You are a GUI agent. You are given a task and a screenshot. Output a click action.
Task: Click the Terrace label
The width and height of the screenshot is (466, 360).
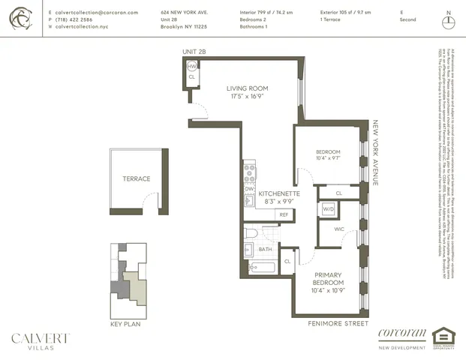pos(137,179)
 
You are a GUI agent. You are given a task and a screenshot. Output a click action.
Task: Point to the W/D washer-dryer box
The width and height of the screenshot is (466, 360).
pos(328,209)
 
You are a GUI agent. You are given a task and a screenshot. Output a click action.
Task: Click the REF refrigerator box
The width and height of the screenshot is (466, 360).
pos(284,214)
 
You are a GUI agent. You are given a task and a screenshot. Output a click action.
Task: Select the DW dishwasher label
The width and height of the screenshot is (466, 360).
pos(248,189)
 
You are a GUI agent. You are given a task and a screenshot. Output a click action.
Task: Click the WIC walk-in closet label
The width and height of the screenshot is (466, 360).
pos(339,229)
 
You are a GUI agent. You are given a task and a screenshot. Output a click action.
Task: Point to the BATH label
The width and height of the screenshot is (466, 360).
pos(265,248)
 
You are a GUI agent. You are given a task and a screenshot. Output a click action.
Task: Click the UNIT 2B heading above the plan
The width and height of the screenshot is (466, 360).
pos(194,51)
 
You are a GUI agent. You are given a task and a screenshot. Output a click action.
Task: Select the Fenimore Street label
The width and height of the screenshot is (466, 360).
pos(338,324)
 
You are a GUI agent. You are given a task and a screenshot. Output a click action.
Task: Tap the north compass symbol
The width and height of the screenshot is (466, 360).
pos(449,20)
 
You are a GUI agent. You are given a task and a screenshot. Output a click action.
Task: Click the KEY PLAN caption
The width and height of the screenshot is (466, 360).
pos(120,324)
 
